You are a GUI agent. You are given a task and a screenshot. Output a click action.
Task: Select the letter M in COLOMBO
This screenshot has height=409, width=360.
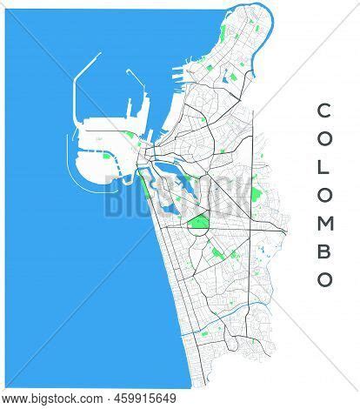pyautogui.click(x=323, y=221)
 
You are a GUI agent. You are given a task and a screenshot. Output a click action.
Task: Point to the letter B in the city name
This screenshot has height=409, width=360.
pyautogui.click(x=323, y=251)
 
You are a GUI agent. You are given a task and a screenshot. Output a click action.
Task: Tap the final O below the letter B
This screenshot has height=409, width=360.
pyautogui.click(x=323, y=279)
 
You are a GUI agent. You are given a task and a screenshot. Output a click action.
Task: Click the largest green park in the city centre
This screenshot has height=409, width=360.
pyautogui.click(x=198, y=225)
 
